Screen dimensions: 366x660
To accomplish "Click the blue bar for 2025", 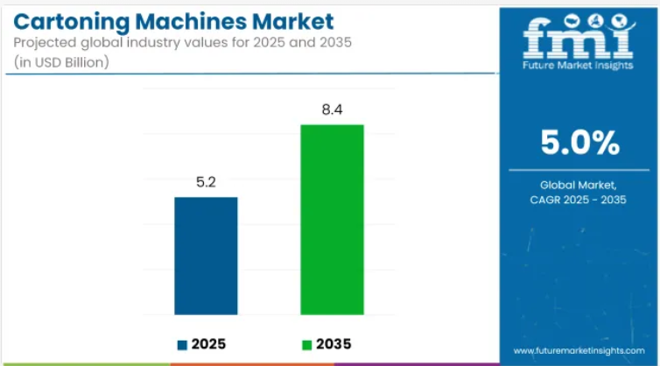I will (206, 256).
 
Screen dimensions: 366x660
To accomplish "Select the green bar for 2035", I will (332, 219).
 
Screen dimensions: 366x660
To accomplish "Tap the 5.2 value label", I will (206, 185).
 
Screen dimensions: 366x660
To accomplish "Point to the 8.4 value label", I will (332, 111).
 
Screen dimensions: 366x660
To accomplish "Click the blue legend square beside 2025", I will (182, 343).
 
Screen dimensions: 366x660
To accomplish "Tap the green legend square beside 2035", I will (307, 343).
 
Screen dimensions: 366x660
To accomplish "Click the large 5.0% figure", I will (579, 142).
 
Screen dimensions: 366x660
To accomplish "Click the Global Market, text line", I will (579, 184).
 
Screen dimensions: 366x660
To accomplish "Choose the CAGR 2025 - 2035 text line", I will (579, 201).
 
